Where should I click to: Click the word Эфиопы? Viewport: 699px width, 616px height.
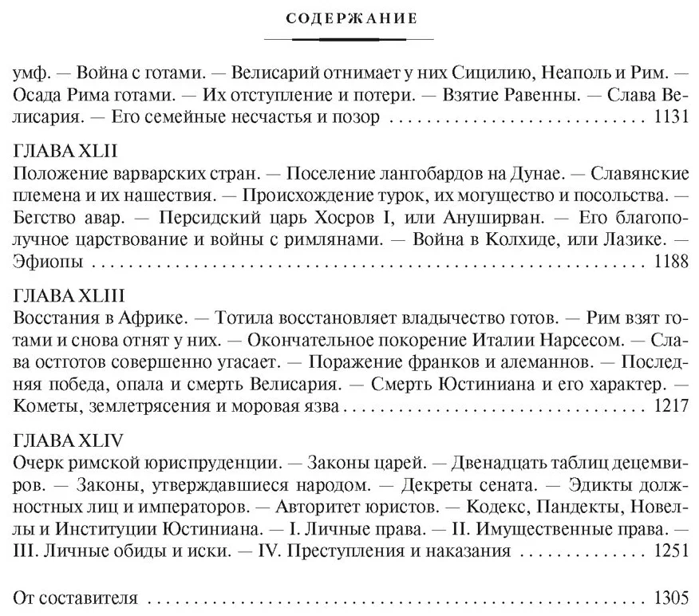point(41,261)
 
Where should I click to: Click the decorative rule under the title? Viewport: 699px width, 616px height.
point(348,38)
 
